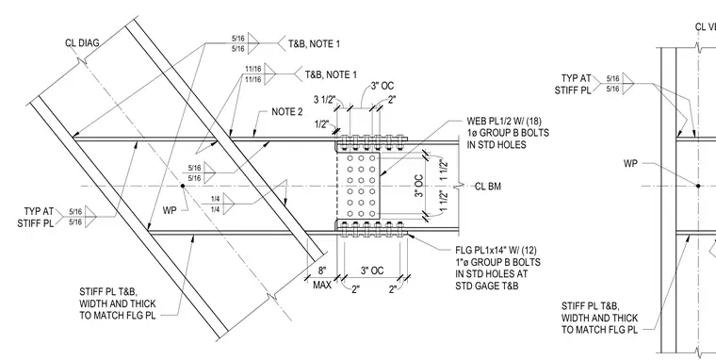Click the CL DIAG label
pos(82,43)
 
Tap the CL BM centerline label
pos(488,187)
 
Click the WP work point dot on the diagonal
pos(183,186)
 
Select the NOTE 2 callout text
pos(286,112)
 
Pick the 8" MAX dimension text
pos(322,278)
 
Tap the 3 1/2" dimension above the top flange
pos(324,100)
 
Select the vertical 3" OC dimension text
pos(418,187)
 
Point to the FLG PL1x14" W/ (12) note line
pos(496,251)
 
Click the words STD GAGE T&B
pos(485,286)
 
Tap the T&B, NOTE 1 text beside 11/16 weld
pos(331,74)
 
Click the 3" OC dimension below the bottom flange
pos(372,270)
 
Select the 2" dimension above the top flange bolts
pos(391,100)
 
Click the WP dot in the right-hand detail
pos(698,186)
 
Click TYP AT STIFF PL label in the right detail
pos(573,85)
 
